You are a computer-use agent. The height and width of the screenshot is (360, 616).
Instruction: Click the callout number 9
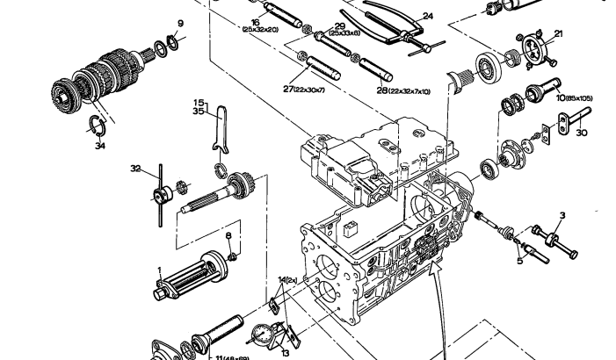(181, 24)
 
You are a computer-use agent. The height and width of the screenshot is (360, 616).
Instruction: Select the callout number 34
(99, 147)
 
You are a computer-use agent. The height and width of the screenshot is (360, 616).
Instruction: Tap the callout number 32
(135, 169)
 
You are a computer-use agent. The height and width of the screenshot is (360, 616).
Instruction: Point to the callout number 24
(428, 16)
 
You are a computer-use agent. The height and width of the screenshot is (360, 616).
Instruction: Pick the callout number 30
(581, 134)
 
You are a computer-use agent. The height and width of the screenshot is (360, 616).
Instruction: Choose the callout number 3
(562, 215)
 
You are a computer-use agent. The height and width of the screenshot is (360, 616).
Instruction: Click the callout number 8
(228, 237)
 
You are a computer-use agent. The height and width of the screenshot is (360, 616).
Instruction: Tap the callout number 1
(159, 270)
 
